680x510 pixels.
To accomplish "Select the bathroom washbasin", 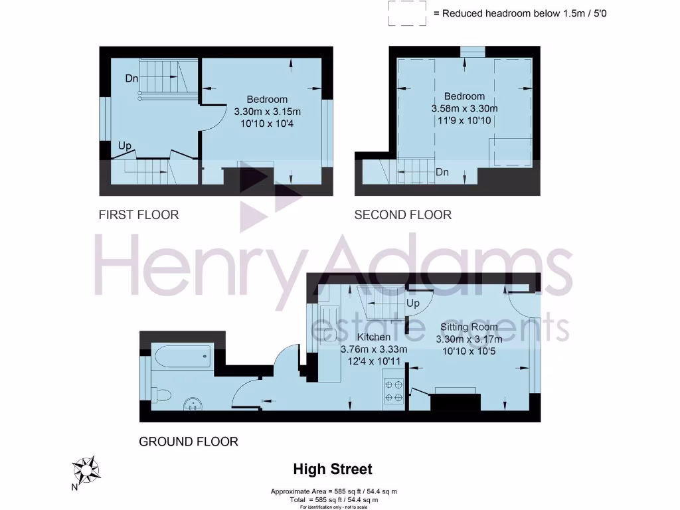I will pos(193,404).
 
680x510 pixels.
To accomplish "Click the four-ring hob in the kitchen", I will pos(393,390).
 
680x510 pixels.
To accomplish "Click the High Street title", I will pos(333,469).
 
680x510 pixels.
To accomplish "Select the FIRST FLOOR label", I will pos(139,214).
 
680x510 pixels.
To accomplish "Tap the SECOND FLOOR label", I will pos(402,214).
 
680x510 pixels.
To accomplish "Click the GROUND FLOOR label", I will pos(188,442).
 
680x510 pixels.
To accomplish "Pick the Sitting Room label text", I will pos(469,327).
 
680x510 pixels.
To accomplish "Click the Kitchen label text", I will pos(374,337).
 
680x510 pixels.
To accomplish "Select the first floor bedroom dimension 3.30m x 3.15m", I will pos(267,112).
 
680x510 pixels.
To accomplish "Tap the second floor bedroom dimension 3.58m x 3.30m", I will pos(464,108).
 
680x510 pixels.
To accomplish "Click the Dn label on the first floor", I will pos(131,78).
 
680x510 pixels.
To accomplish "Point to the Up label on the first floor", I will pos(125,145).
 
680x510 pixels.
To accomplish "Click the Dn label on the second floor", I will pos(442,172).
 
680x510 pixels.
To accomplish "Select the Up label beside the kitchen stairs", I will pos(413,303).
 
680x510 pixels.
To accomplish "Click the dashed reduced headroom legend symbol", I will pos(408,13).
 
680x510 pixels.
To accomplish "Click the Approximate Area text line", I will pos(333,491).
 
